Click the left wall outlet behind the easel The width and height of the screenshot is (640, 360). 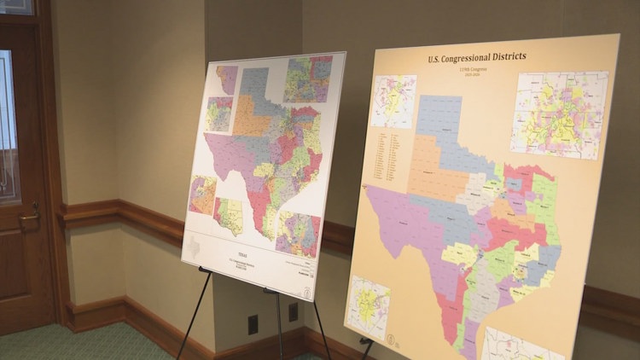[x=253, y=324]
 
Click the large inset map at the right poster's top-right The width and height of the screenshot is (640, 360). [x=559, y=114]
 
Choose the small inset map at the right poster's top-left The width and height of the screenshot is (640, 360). [x=393, y=101]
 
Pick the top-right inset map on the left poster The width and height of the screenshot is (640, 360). [x=308, y=78]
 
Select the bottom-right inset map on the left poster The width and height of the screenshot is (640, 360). [x=298, y=234]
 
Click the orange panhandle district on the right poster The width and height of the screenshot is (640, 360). [x=436, y=167]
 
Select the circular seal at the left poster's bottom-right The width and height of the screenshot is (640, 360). [x=306, y=289]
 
